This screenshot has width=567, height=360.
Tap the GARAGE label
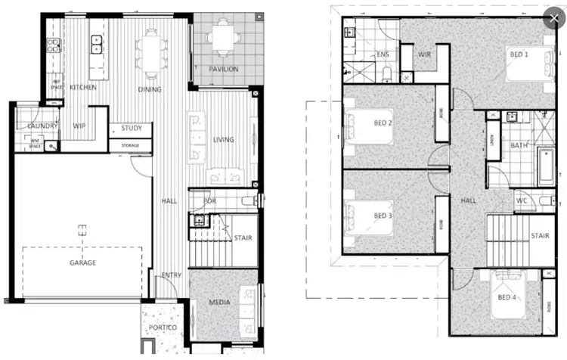coord(83,262)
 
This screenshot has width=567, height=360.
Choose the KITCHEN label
coord(83,88)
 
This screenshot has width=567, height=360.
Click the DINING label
coord(150,89)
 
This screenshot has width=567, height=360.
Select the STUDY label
coord(132,128)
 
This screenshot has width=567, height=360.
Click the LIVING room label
coord(224,139)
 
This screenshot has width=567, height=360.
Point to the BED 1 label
coord(519,55)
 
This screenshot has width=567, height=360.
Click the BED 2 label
coord(383,123)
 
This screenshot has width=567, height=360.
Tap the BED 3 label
coord(383,216)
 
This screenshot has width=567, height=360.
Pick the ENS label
coord(383,55)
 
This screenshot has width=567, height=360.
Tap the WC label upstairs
coord(521,201)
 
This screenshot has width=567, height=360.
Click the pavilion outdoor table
coord(222,38)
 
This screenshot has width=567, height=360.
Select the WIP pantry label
coord(79,126)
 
